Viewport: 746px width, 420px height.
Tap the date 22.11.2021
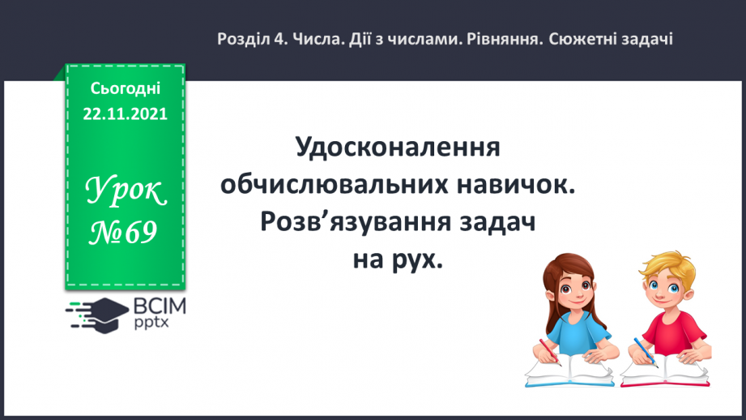tap(125, 114)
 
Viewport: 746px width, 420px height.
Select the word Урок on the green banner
tap(126, 191)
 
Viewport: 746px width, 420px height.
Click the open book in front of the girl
tap(563, 371)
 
